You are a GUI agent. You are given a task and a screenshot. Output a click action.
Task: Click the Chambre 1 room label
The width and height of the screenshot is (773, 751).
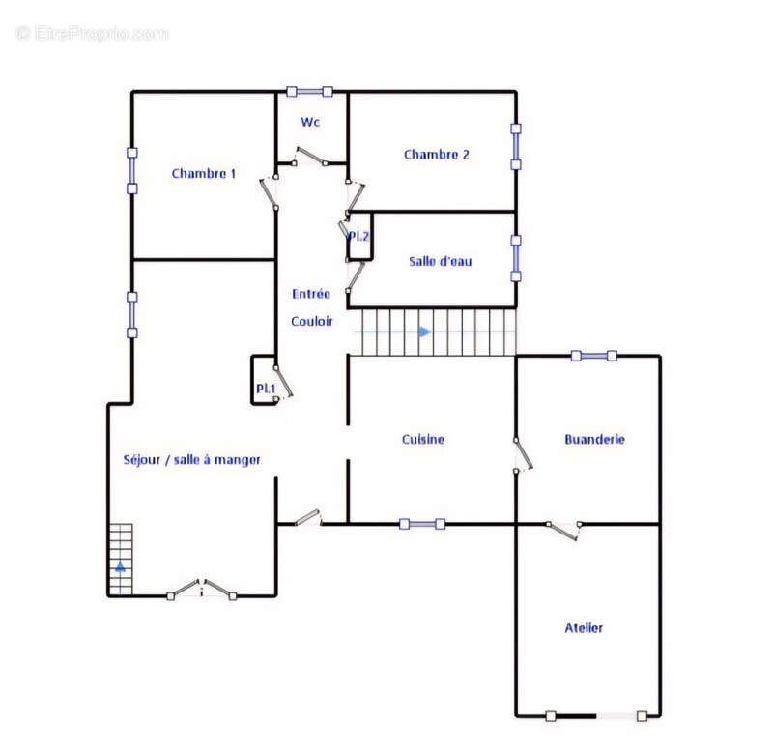tap(204, 174)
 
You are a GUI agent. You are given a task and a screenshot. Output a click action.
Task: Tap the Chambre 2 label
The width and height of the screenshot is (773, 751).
tap(437, 155)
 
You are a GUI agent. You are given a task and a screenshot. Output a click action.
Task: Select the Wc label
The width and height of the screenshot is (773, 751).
tap(310, 122)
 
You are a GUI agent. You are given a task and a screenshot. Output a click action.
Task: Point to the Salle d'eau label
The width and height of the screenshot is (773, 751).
tap(441, 261)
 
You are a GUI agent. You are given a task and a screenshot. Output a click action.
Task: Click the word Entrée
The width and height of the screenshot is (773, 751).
tap(311, 294)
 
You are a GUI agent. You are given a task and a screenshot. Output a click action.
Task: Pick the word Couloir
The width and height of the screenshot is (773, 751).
tap(311, 322)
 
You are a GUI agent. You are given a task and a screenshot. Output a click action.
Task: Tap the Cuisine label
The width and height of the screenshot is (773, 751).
tap(423, 440)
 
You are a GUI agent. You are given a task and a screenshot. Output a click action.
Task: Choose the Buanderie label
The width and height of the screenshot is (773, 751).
tap(594, 440)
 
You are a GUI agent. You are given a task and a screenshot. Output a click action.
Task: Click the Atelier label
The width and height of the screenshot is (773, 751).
tap(584, 627)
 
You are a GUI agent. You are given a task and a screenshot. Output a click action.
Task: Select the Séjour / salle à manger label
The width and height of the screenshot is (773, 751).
tap(191, 460)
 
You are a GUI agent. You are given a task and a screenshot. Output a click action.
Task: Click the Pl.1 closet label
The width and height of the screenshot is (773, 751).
tap(266, 389)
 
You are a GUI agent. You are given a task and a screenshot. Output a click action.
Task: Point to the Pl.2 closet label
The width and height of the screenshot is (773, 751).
tap(358, 236)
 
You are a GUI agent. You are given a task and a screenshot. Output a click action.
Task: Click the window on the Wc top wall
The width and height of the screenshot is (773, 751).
tap(309, 92)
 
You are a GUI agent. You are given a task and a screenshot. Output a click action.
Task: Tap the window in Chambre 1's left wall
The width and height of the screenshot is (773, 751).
tap(132, 171)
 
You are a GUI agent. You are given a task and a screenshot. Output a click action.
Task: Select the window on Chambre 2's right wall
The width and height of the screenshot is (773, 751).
tap(516, 147)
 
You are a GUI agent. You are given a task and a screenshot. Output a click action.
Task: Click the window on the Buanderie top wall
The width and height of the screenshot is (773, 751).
tap(593, 356)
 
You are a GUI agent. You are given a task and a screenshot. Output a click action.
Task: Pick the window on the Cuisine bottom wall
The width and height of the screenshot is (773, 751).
tap(422, 524)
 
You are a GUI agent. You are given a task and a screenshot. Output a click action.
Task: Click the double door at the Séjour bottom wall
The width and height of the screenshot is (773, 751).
tap(202, 590)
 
